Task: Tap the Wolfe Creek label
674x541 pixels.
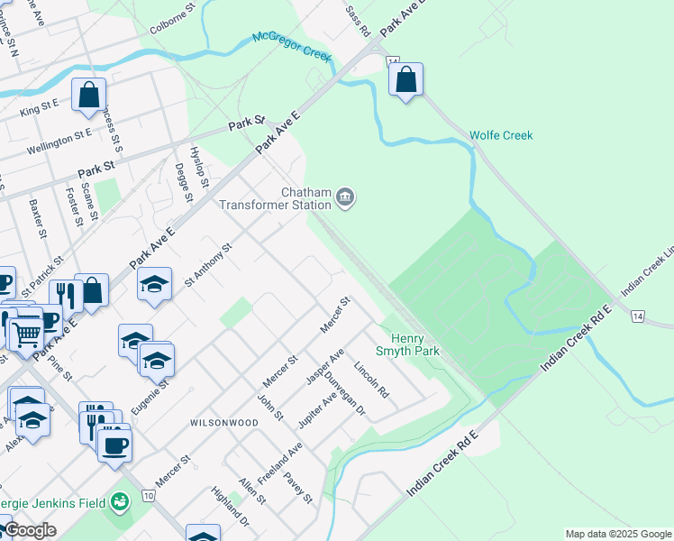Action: (501, 135)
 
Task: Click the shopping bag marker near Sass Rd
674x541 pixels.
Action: (406, 79)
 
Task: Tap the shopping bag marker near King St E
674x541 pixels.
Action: (89, 95)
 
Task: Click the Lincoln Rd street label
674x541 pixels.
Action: (371, 381)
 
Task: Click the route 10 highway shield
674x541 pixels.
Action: (148, 495)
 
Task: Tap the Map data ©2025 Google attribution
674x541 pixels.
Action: (617, 534)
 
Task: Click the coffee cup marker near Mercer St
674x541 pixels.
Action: (114, 445)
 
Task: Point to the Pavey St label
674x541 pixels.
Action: (296, 486)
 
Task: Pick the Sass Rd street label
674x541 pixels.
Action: (358, 22)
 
